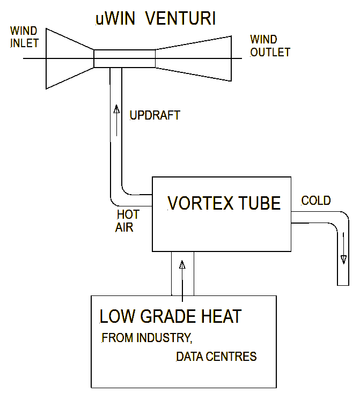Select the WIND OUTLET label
(x=270, y=46)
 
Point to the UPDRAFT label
(x=155, y=115)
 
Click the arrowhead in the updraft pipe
(x=116, y=111)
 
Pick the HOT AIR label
(x=128, y=220)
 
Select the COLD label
(x=316, y=201)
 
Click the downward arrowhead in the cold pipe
(x=343, y=260)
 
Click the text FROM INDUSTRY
(x=146, y=338)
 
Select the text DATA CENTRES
(x=216, y=357)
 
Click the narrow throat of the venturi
(x=124, y=58)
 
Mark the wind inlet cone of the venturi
(x=70, y=58)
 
